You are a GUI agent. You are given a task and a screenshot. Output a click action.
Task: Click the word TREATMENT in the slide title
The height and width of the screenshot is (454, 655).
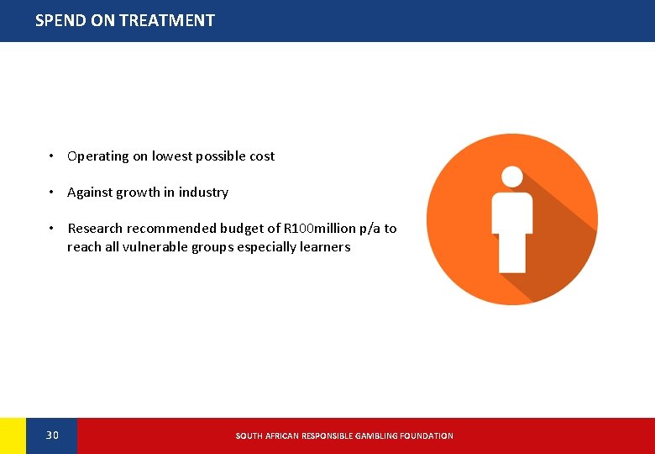(167, 20)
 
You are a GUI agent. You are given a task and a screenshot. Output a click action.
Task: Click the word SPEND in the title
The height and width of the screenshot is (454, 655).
(61, 20)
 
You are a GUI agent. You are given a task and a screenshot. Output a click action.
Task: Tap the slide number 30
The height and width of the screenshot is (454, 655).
(52, 436)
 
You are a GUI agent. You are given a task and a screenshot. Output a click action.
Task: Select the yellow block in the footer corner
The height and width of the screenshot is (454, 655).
(13, 436)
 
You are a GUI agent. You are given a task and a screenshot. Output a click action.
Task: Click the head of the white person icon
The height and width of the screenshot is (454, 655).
(512, 177)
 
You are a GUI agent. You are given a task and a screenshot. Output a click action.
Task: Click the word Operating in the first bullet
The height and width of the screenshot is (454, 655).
(97, 156)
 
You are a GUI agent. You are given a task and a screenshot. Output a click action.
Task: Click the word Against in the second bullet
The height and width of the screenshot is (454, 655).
(90, 193)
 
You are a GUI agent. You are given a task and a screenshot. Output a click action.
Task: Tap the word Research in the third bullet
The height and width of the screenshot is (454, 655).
(96, 229)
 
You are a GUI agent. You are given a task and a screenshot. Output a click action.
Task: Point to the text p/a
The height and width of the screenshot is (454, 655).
(369, 229)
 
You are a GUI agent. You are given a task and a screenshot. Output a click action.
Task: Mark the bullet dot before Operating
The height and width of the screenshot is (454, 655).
(51, 156)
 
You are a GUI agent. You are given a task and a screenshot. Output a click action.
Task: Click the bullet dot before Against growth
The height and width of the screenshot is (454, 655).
(51, 193)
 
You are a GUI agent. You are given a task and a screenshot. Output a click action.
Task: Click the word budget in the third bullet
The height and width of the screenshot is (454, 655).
(243, 229)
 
